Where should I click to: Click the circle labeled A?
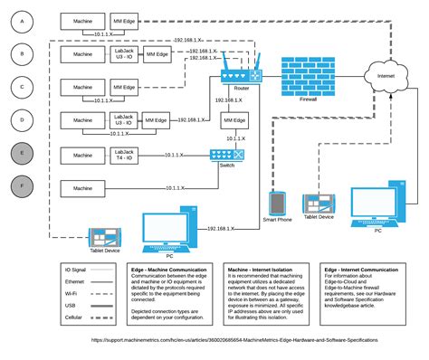(x=24, y=19)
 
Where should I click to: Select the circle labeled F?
(x=24, y=187)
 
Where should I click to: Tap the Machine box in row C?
(x=82, y=87)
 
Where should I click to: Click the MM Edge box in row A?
(x=125, y=19)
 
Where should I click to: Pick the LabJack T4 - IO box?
(x=125, y=155)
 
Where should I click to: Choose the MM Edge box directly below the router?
(x=234, y=119)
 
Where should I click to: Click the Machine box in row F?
(x=82, y=187)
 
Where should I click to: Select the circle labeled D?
(x=24, y=119)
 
